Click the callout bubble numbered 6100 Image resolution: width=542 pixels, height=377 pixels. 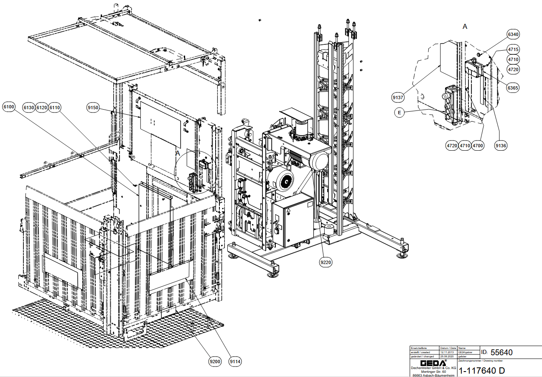coord(9,108)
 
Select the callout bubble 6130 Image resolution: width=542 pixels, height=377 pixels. coord(29,108)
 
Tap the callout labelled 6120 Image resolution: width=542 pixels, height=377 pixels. coord(42,108)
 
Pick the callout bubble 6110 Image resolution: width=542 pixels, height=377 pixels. coord(55,108)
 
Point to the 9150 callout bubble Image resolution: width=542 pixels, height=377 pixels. coord(93,108)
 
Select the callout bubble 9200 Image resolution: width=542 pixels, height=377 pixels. coord(215,361)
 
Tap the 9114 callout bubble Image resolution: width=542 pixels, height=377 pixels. coord(235,361)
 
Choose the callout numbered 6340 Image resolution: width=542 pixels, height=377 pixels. coord(513,34)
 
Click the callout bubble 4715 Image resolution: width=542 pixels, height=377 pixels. coord(513,49)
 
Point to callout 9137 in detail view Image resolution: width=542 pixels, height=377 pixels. coord(398,97)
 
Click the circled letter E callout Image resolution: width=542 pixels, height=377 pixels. coord(400,113)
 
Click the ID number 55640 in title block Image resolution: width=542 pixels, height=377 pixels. coord(501,352)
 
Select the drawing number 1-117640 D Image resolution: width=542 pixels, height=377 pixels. coord(482,371)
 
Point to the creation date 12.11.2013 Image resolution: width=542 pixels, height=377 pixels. coord(446,352)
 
